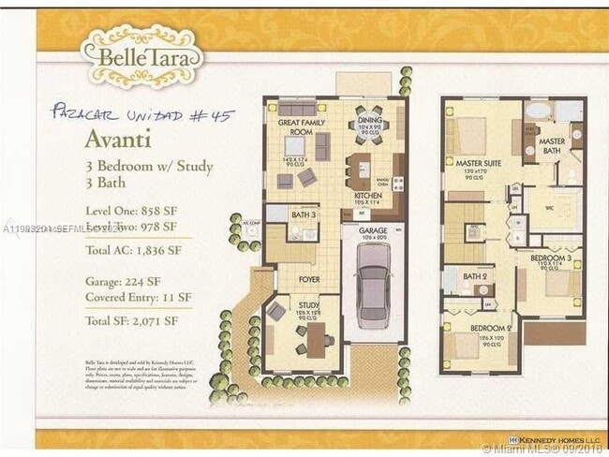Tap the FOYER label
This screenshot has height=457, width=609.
pos(309,279)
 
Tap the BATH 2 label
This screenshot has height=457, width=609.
pos(477,276)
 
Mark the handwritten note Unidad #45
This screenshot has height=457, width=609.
pos(140,115)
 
